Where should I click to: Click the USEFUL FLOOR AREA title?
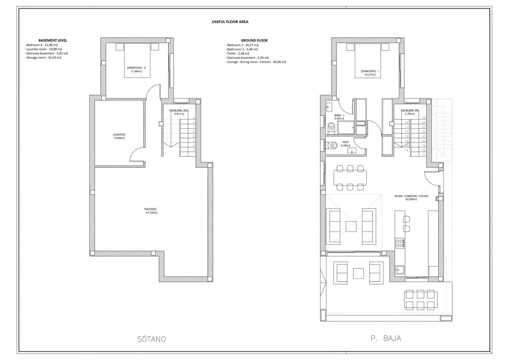(x=230, y=22)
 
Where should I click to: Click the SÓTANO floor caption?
(x=151, y=339)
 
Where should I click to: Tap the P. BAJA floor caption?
(x=386, y=338)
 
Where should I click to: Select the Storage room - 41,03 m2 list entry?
(x=44, y=58)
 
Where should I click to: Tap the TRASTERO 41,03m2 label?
(x=150, y=211)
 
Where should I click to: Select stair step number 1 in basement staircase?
(x=194, y=154)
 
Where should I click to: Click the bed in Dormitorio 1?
(x=368, y=60)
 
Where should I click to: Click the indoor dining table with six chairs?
(x=350, y=178)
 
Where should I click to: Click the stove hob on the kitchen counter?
(x=400, y=244)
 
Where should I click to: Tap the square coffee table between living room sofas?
(x=351, y=226)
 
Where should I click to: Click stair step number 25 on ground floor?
(x=423, y=118)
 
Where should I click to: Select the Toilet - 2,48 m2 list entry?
(x=238, y=53)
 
